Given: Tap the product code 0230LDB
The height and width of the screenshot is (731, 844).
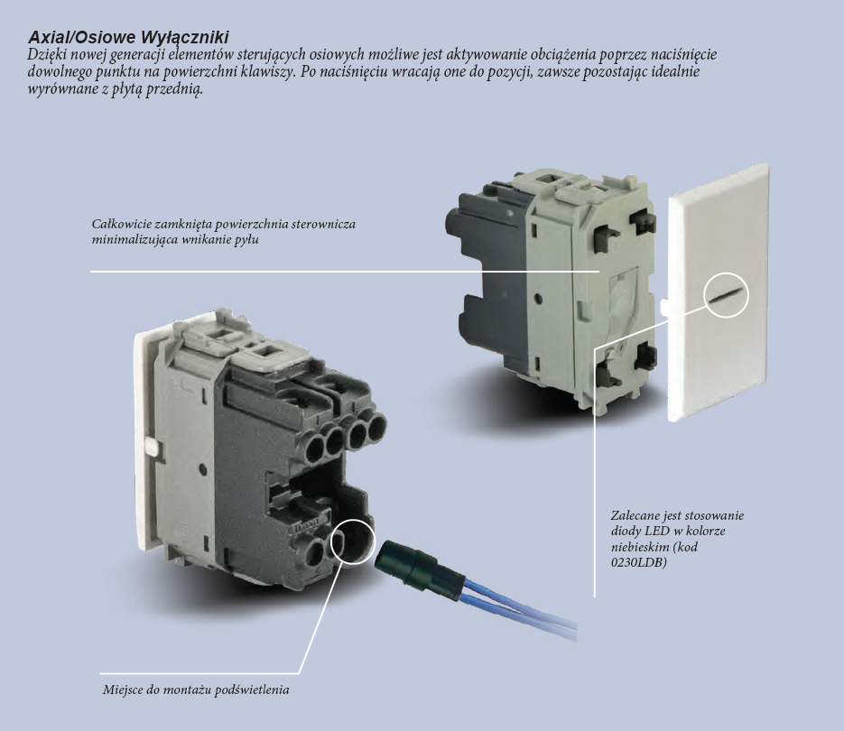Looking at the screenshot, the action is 639,562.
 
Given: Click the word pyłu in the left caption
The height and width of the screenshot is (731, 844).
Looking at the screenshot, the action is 246,240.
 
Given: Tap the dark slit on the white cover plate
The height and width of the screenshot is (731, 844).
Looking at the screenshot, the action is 726,295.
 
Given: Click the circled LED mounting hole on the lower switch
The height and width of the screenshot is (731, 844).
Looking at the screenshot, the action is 353,540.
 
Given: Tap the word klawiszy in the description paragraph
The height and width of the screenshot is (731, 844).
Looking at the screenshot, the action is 267,72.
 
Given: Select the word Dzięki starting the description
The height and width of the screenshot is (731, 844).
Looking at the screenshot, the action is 47,55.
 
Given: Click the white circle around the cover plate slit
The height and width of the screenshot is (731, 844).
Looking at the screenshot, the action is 726,273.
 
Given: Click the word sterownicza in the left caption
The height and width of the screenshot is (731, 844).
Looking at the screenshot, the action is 323,224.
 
